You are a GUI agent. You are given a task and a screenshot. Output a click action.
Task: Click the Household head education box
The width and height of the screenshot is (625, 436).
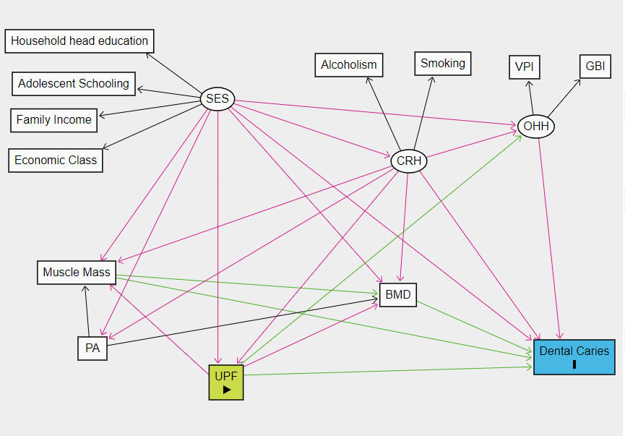(x=79, y=41)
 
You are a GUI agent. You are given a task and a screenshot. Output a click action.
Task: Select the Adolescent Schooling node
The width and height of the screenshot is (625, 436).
(x=74, y=84)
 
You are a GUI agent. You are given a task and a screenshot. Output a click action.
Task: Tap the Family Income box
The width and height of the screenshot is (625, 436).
(x=54, y=120)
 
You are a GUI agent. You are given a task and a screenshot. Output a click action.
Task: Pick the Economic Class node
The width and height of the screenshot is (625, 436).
(x=56, y=161)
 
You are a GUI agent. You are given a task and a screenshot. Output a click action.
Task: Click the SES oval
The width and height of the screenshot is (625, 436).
(x=217, y=99)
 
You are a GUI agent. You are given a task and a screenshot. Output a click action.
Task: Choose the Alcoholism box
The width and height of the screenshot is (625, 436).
(x=349, y=65)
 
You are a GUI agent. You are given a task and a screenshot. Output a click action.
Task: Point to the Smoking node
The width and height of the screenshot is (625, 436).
(x=443, y=64)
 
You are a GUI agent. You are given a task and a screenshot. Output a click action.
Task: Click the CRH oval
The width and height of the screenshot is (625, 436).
(x=409, y=161)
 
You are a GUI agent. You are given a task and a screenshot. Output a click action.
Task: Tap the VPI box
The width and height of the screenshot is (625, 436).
(x=524, y=67)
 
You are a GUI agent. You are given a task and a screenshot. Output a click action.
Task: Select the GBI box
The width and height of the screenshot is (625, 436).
(x=595, y=67)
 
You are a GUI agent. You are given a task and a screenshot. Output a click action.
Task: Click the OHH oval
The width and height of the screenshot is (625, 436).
(x=536, y=127)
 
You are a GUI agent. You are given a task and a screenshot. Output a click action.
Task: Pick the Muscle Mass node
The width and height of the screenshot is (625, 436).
(x=77, y=273)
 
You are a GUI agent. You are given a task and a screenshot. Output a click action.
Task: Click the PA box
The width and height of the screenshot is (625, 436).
(x=92, y=349)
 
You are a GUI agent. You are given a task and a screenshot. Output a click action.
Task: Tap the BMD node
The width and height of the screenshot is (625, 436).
(x=398, y=295)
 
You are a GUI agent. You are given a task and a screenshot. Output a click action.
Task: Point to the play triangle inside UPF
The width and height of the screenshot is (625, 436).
(x=227, y=390)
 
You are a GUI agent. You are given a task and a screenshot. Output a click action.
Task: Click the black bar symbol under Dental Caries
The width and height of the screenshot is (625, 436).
(x=574, y=364)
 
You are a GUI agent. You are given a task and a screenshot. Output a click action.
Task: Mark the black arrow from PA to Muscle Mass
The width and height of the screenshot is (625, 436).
(x=87, y=311)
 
